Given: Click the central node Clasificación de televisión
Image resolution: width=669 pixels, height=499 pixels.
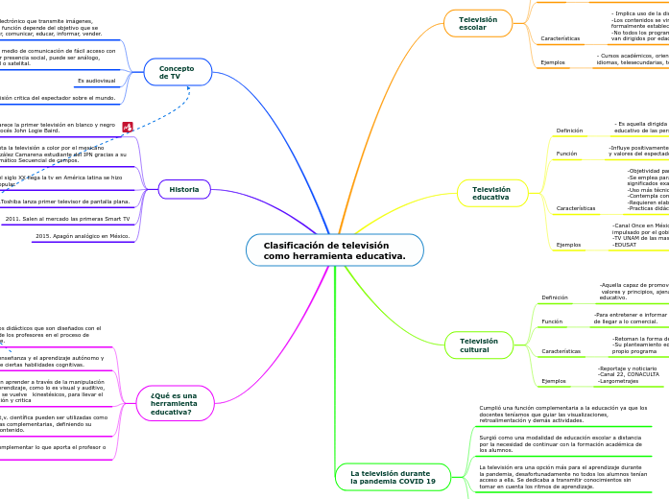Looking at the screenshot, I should [334, 250].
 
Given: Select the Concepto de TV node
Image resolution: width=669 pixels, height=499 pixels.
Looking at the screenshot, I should [178, 71].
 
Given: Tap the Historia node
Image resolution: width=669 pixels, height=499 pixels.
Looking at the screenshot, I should [184, 189].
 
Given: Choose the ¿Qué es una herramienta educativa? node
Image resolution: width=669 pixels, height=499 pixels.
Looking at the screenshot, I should [174, 402].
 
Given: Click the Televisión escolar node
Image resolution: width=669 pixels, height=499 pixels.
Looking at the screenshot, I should [472, 23].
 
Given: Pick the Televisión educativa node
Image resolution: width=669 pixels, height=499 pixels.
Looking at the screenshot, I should [491, 194].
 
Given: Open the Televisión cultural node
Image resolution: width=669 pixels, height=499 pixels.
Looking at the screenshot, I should [479, 344].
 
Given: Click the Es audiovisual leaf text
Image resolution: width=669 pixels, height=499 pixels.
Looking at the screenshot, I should [96, 81].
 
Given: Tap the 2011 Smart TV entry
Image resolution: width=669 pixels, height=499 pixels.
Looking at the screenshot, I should [67, 219].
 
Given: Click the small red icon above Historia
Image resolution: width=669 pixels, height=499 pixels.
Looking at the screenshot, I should [128, 126].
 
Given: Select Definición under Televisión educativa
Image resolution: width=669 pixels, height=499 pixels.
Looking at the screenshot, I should [569, 130].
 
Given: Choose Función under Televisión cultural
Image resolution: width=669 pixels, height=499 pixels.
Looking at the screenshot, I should [552, 321].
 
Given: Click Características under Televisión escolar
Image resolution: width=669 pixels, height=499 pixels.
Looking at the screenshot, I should [560, 39].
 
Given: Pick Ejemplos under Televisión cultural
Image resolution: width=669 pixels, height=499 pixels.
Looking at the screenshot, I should [554, 381].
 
